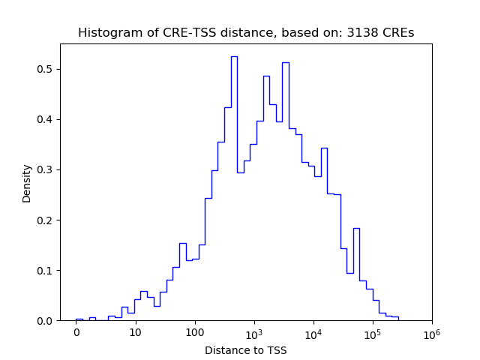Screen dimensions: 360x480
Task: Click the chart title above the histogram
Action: (x=245, y=33)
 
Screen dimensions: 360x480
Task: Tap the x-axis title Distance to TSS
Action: (x=245, y=350)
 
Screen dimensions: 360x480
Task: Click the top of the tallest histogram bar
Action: (x=234, y=56)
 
